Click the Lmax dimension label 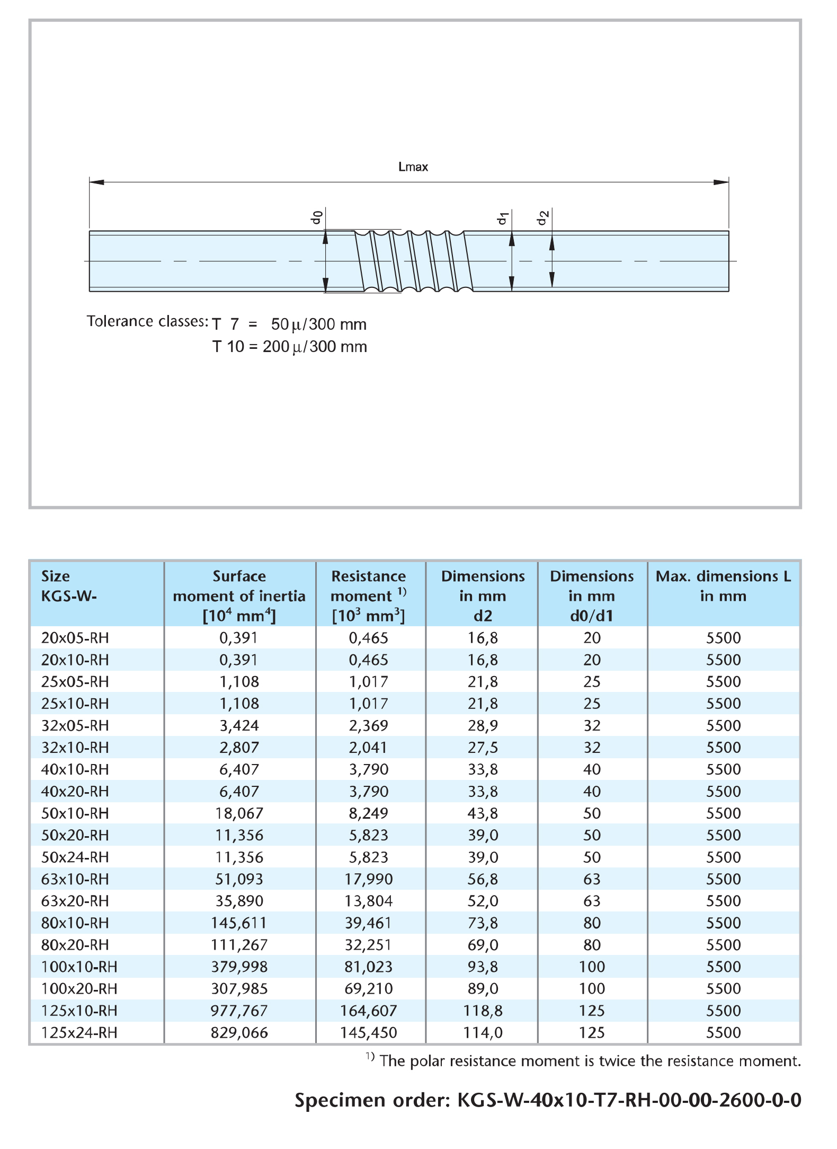[x=413, y=167]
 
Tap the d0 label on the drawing [x=317, y=217]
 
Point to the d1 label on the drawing [x=503, y=218]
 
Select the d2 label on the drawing [x=542, y=218]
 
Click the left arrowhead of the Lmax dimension [x=96, y=182]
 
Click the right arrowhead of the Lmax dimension [x=722, y=182]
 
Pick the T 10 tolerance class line [x=289, y=347]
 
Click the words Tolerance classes [x=147, y=321]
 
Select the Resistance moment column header [x=369, y=595]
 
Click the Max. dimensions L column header [x=723, y=585]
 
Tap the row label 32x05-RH [x=75, y=725]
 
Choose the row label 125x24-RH [x=79, y=1032]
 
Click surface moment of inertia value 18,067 [x=239, y=813]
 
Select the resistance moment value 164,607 [x=369, y=1011]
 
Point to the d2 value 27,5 [x=483, y=747]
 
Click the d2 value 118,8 [x=483, y=1011]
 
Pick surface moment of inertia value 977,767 [x=239, y=1011]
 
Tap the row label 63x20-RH [x=75, y=901]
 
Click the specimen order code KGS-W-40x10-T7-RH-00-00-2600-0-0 [x=629, y=1100]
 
